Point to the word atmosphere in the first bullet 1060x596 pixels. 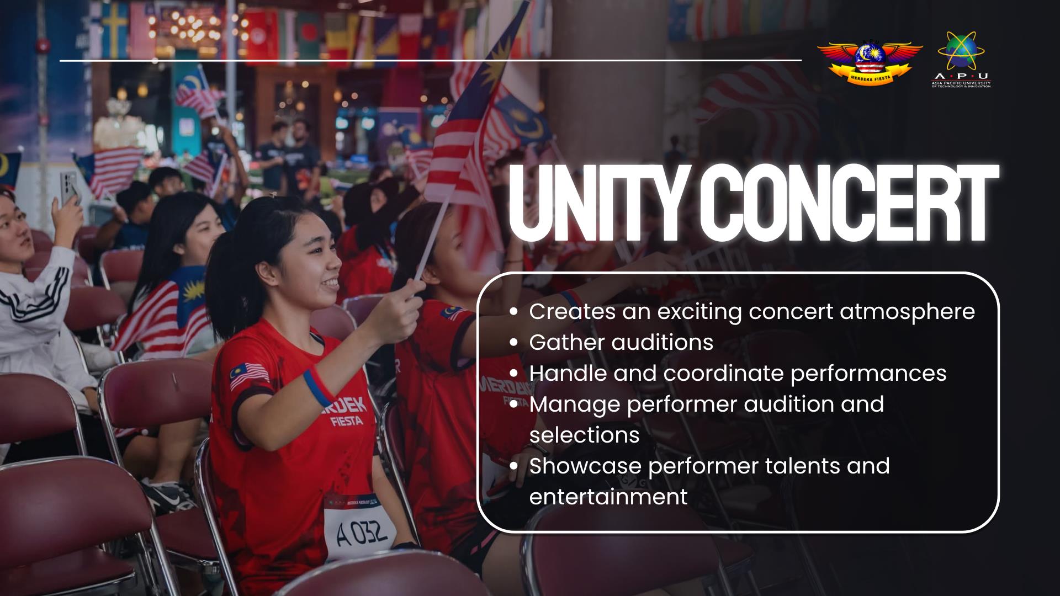click(907, 312)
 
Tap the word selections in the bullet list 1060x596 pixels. click(585, 435)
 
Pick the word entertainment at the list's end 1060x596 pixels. click(608, 497)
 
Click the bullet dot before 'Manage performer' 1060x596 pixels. click(514, 405)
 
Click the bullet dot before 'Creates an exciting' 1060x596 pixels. click(514, 312)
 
